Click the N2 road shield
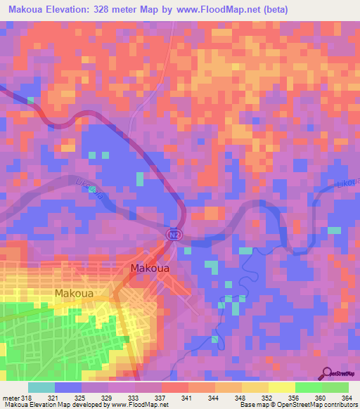[x=174, y=233]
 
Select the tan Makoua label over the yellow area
[x=74, y=292]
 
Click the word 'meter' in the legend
[x=11, y=398]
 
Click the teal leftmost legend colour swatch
[x=41, y=387]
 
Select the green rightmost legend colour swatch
[x=335, y=387]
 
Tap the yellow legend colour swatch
[x=281, y=387]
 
